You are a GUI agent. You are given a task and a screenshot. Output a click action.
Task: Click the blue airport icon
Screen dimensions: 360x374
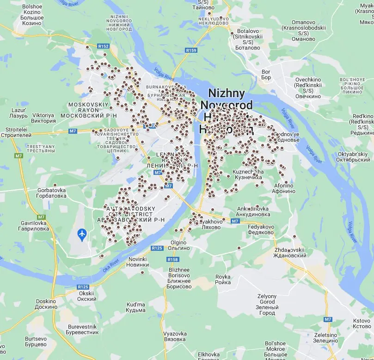tap(82, 235)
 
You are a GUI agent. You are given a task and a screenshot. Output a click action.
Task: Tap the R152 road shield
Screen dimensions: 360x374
tap(103, 46)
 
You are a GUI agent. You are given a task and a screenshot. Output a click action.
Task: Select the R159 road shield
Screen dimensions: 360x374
tap(190, 50)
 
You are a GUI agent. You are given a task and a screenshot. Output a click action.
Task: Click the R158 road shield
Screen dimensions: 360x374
tap(172, 259)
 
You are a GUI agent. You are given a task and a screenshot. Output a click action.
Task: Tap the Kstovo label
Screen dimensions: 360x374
tap(362, 323)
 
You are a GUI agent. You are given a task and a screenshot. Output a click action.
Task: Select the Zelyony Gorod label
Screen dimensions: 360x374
tap(267, 304)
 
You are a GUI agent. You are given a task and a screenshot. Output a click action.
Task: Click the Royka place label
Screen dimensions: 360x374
tap(223, 279)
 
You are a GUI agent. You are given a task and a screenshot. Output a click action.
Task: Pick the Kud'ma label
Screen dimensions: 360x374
tap(136, 307)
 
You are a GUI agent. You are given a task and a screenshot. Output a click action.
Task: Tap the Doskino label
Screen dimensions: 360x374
tap(46, 304)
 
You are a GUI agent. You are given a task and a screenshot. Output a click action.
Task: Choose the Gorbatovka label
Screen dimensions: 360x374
tap(52, 193)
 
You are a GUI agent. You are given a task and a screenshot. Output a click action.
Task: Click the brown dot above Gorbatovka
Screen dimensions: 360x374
tap(55, 185)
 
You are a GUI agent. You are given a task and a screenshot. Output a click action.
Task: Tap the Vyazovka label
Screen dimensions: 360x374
tap(175, 336)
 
